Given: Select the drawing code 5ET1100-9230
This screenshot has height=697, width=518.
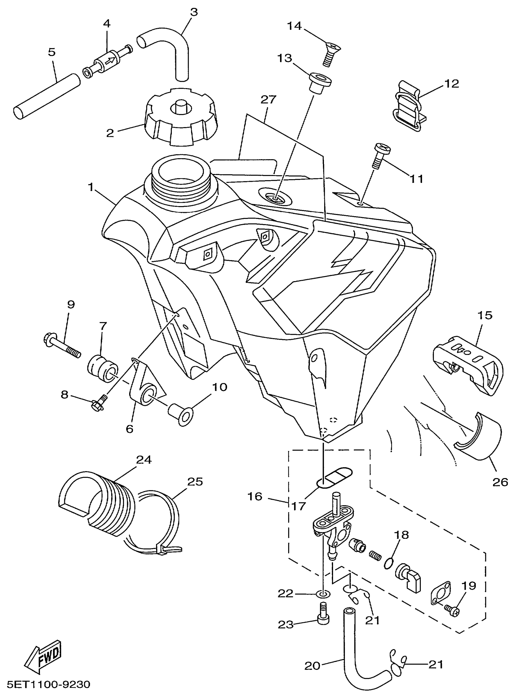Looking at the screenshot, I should (49, 684).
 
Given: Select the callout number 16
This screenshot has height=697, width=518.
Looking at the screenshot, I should (255, 497).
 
